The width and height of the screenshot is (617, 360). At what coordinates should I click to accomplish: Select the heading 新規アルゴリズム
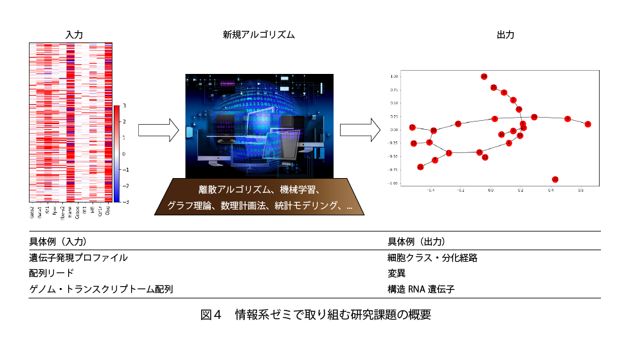(x=258, y=35)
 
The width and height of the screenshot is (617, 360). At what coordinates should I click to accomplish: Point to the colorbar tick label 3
(x=124, y=105)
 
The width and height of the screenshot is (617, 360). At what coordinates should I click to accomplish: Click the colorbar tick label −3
(x=123, y=202)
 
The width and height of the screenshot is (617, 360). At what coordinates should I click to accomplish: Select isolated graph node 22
(x=555, y=179)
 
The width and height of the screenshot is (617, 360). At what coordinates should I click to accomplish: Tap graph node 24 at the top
(x=484, y=76)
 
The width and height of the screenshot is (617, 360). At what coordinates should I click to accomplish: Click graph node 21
(x=420, y=167)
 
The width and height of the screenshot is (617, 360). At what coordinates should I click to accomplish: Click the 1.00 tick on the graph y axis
(x=394, y=76)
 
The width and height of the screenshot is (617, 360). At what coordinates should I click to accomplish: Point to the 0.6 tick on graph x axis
(x=580, y=191)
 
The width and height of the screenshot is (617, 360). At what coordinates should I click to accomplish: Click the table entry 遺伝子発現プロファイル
(x=78, y=258)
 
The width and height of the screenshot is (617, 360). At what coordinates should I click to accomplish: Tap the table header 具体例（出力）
(x=416, y=242)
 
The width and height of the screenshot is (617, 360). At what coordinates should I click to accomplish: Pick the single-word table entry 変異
(x=397, y=273)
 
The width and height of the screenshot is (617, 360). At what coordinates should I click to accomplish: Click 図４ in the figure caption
(x=211, y=316)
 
